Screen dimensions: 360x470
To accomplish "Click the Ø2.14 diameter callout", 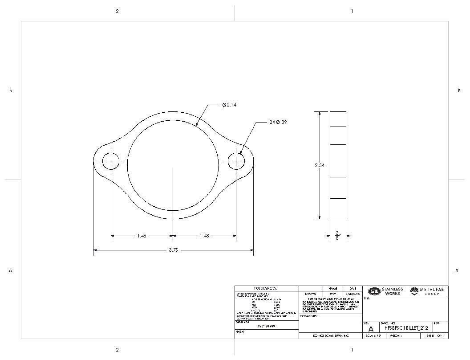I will click(x=230, y=105).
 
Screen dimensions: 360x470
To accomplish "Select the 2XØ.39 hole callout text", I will click(x=278, y=122).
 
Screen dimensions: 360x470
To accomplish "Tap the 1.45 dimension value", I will click(x=142, y=236).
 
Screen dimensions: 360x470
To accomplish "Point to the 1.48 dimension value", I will click(x=204, y=236).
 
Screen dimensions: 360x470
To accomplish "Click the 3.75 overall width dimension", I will click(x=173, y=250).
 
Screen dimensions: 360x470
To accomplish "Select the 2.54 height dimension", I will click(x=320, y=165).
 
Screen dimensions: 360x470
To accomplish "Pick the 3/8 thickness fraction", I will click(x=337, y=235).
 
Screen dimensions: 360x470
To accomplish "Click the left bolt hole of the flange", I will click(x=111, y=161).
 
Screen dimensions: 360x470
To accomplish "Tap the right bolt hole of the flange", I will click(x=236, y=161).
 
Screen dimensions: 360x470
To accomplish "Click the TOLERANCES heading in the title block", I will click(x=265, y=289).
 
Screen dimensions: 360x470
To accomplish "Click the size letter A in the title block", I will click(x=371, y=328).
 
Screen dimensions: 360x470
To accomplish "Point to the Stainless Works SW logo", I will click(x=375, y=291).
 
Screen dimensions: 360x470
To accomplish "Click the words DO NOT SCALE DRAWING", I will click(x=331, y=335).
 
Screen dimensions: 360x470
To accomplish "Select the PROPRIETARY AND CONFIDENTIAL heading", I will click(x=331, y=299).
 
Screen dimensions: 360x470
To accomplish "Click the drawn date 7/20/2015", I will click(x=352, y=294).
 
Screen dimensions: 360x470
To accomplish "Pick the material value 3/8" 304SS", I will click(x=266, y=326).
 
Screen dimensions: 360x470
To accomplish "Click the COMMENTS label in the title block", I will click(x=308, y=316).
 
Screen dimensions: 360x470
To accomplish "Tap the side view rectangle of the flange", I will click(x=338, y=165).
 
